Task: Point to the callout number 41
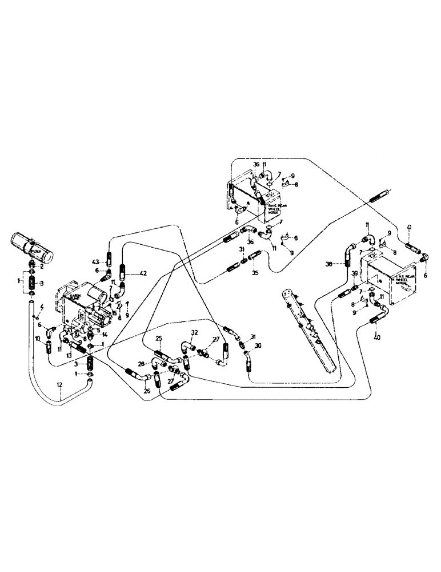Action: point(409,228)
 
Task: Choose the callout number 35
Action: point(255,273)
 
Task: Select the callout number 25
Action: point(158,339)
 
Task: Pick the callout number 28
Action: point(141,364)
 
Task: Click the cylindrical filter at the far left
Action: point(33,247)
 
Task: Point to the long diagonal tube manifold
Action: point(308,332)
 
